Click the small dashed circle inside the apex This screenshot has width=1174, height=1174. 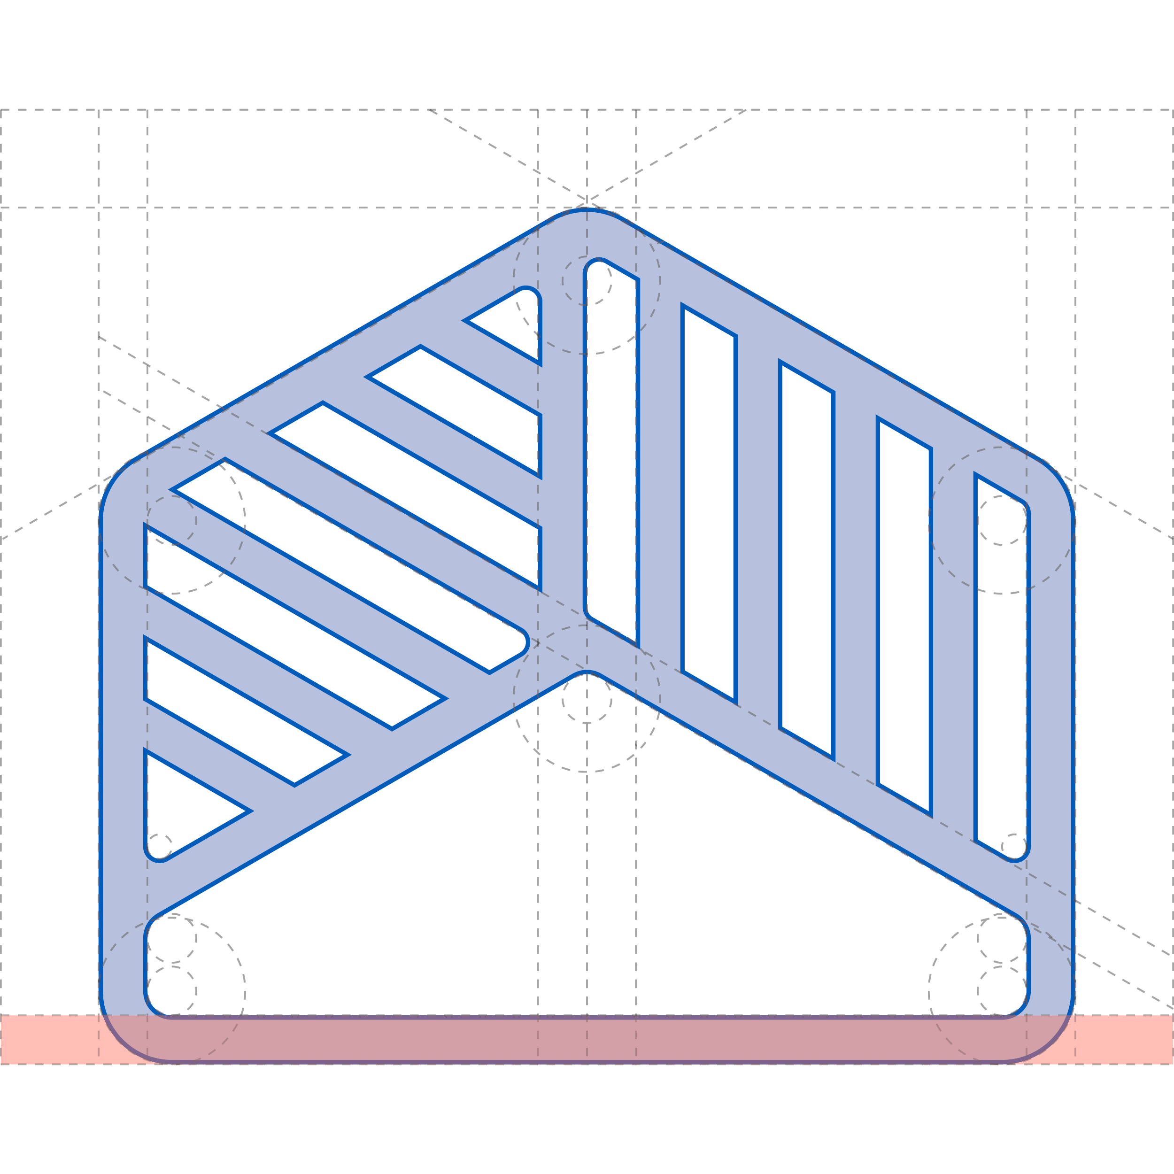click(x=587, y=280)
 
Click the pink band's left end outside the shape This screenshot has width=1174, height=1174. click(x=49, y=1040)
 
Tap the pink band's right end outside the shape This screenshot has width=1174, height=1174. click(x=1124, y=1040)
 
